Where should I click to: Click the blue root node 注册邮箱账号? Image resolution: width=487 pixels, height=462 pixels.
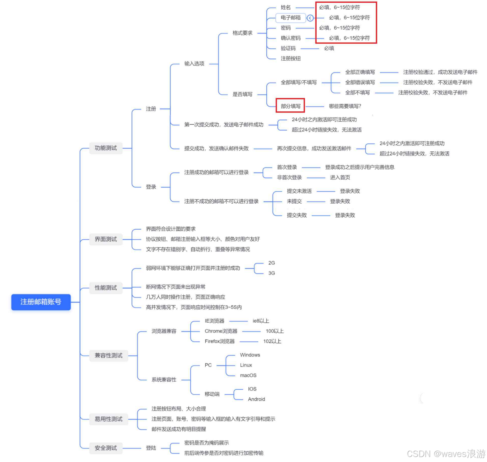pyautogui.click(x=41, y=302)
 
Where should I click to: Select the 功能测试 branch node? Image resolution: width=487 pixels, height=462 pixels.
pyautogui.click(x=106, y=148)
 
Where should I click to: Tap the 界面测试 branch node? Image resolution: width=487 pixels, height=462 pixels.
pyautogui.click(x=106, y=239)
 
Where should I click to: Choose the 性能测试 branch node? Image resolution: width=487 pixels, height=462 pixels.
pyautogui.click(x=106, y=288)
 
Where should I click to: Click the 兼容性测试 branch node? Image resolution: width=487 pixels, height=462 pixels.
pyautogui.click(x=108, y=356)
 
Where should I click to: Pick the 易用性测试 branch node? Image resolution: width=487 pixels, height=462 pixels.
pyautogui.click(x=108, y=419)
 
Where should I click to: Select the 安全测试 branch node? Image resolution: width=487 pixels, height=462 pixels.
pyautogui.click(x=106, y=448)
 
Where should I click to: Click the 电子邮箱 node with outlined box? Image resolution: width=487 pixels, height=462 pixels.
pyautogui.click(x=291, y=18)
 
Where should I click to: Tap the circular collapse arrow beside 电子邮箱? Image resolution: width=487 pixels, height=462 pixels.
pyautogui.click(x=310, y=18)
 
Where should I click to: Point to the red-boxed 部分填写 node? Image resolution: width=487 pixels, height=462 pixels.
pyautogui.click(x=291, y=106)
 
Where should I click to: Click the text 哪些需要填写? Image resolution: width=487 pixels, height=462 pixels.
pyautogui.click(x=345, y=106)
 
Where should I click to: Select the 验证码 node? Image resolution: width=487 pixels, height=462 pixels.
pyautogui.click(x=288, y=48)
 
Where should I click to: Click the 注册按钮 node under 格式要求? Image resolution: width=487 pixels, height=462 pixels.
pyautogui.click(x=291, y=58)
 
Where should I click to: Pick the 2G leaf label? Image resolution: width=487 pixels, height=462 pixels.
pyautogui.click(x=271, y=263)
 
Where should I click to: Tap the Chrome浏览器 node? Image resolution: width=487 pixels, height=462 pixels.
pyautogui.click(x=221, y=331)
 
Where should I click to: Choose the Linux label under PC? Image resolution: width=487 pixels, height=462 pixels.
pyautogui.click(x=246, y=365)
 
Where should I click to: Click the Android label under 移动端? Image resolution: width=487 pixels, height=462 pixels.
pyautogui.click(x=256, y=399)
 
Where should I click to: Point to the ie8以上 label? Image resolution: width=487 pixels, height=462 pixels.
pyautogui.click(x=261, y=321)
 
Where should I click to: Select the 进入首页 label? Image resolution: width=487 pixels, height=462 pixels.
pyautogui.click(x=340, y=177)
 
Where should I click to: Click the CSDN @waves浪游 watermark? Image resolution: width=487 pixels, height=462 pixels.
pyautogui.click(x=446, y=454)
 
